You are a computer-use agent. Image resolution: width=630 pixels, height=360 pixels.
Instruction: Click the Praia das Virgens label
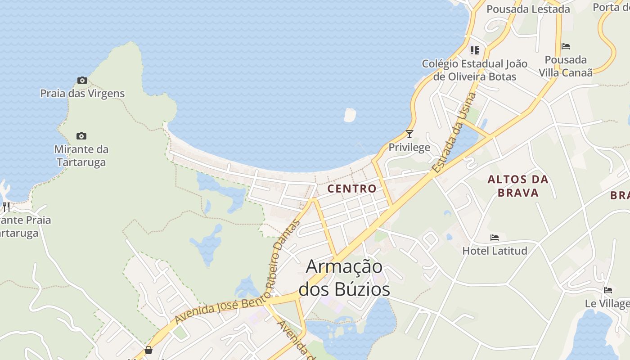pos(82,94)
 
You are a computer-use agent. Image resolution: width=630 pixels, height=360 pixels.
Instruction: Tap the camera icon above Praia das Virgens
pos(82,81)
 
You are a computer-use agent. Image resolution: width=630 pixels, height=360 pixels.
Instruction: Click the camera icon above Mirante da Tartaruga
pos(81,136)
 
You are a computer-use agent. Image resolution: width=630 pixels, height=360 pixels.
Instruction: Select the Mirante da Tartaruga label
pos(81,156)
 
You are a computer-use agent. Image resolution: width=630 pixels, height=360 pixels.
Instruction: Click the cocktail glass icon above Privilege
pos(409,134)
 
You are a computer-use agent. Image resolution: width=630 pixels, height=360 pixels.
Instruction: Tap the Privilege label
pos(409,148)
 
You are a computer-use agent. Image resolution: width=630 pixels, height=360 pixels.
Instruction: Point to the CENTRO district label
pos(351,189)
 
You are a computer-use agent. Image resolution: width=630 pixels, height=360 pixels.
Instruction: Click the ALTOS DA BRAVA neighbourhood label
pos(518,186)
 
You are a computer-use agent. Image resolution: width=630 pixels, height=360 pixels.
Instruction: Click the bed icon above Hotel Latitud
pos(495,238)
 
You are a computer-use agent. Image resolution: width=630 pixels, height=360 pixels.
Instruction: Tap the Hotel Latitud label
pos(495,251)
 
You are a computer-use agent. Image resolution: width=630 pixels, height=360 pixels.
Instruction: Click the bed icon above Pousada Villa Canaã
pos(566,46)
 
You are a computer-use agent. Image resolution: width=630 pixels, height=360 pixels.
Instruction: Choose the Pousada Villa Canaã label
pos(566,66)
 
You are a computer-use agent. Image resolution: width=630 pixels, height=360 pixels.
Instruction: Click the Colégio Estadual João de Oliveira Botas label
pos(474,70)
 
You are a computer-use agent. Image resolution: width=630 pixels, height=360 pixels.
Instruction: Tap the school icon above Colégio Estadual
pos(475,50)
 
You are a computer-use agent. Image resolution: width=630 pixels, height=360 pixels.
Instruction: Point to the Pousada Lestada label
pos(528,9)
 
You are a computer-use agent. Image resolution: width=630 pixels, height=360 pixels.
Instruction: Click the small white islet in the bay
pos(350,115)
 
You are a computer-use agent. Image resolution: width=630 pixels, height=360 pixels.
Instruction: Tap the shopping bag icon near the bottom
pos(148,350)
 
